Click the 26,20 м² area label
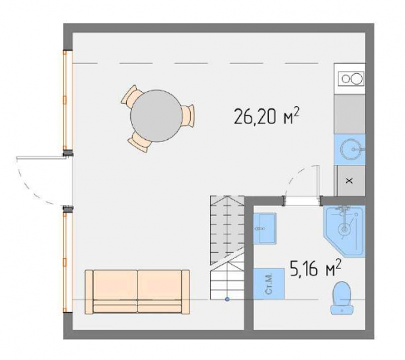click(267, 116)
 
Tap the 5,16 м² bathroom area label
click(315, 268)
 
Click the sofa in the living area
click(137, 292)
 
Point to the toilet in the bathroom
click(342, 298)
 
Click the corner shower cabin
click(344, 230)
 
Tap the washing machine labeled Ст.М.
click(269, 283)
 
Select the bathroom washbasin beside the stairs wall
click(265, 228)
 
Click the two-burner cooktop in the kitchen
click(351, 78)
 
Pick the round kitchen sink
click(350, 149)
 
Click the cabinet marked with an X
click(350, 181)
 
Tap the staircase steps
click(227, 247)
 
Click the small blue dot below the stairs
click(227, 299)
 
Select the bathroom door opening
click(302, 201)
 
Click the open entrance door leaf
click(40, 157)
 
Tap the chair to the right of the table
click(188, 115)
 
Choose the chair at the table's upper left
click(131, 95)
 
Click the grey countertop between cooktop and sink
click(350, 114)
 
